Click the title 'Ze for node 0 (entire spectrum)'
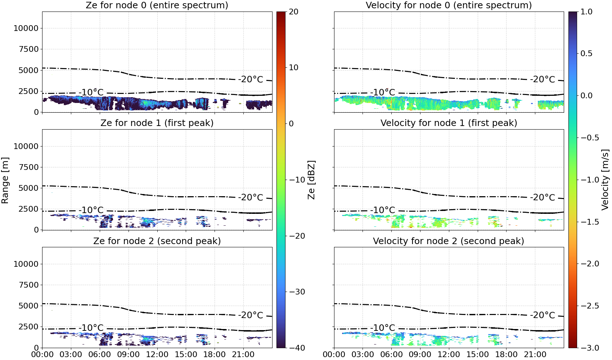click(157, 5)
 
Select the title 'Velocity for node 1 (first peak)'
click(449, 123)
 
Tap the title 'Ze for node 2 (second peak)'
click(157, 241)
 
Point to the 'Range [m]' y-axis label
click(5, 180)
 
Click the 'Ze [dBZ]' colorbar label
click(311, 180)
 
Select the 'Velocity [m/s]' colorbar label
click(605, 180)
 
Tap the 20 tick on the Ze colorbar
click(293, 12)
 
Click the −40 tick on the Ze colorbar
click(297, 348)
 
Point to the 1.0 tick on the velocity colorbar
click(586, 12)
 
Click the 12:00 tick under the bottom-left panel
click(157, 355)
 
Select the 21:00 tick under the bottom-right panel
click(535, 355)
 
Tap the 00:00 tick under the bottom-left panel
click(42, 355)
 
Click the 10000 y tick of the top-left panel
click(26, 28)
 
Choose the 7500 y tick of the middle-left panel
click(29, 167)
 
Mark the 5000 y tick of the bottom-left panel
click(29, 306)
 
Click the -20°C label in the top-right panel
click(543, 80)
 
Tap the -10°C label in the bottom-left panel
click(91, 328)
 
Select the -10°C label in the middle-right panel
click(383, 210)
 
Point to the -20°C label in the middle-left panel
click(251, 198)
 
